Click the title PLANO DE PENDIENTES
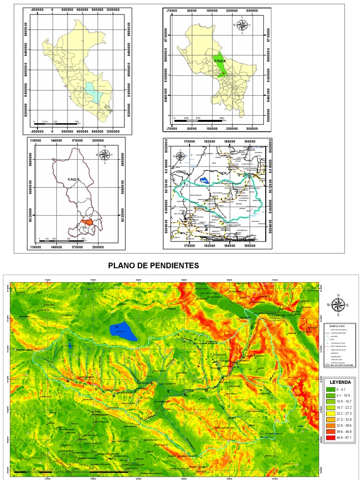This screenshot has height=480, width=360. tap(154, 266)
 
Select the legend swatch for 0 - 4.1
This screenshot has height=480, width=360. tap(330, 390)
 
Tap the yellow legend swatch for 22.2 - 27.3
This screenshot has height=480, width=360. tap(330, 413)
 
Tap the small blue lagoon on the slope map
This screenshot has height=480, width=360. tap(70, 346)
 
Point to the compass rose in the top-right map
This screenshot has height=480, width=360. tap(242, 26)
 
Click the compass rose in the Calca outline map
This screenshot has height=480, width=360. tap(106, 154)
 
